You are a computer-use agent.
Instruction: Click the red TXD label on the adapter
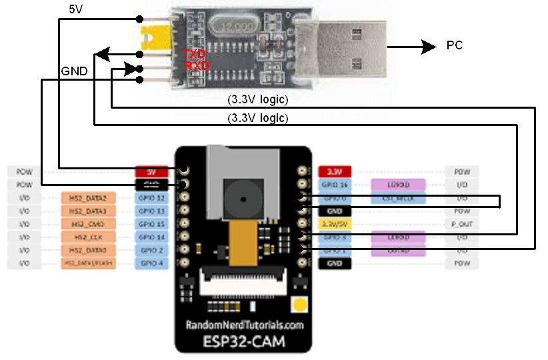point(194,54)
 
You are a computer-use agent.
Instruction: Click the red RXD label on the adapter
point(197,67)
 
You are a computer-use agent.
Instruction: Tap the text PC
point(454,46)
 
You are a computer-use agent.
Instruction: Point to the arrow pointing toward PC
point(410,47)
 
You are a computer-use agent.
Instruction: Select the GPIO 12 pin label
point(151,198)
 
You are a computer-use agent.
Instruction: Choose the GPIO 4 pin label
point(151,263)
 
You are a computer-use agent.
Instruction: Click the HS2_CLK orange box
point(88,237)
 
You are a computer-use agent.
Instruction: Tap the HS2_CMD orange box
point(88,224)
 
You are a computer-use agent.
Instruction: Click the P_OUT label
point(461,224)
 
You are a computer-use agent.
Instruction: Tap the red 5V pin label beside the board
point(151,171)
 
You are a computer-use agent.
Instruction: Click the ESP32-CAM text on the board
point(243,341)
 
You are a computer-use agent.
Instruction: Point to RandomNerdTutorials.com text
point(243,325)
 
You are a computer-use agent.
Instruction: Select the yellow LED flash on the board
point(299,306)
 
